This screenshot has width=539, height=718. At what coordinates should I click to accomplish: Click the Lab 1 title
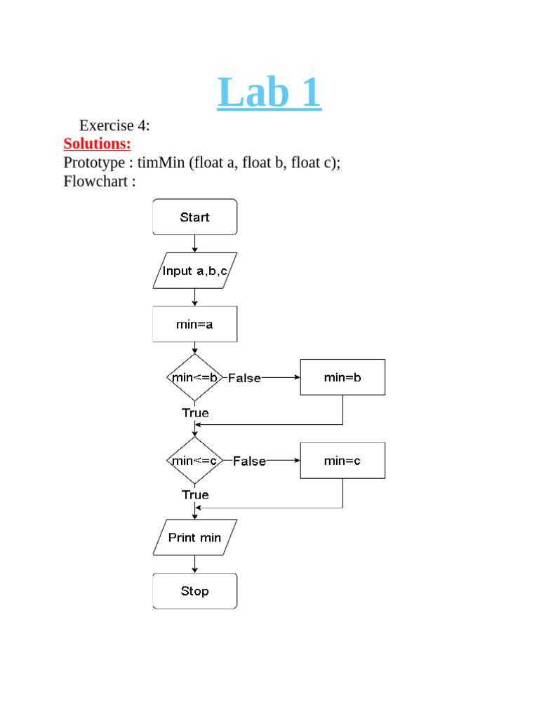coord(269,93)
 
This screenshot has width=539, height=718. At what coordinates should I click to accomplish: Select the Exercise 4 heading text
coord(114,126)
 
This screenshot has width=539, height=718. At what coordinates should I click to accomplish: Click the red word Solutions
coord(97,144)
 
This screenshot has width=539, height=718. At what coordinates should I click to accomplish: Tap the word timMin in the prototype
coord(161,163)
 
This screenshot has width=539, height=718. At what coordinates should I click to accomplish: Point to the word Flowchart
coord(95,181)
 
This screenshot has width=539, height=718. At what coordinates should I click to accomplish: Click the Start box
coord(194,217)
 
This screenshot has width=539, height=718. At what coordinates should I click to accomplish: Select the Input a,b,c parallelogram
coord(194,271)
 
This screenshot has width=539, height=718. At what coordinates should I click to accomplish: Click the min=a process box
coord(194,325)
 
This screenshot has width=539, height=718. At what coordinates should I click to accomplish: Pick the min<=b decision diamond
coord(195,377)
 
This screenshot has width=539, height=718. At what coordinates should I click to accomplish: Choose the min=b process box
coord(342,377)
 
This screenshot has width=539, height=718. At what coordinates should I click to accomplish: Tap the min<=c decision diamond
coord(195,461)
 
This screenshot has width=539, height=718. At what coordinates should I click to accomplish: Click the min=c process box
coord(342,461)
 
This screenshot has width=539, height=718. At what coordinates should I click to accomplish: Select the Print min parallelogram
coord(194,538)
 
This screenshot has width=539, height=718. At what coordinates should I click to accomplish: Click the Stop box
coord(194,591)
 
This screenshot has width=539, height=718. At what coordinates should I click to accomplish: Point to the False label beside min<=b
coord(244,378)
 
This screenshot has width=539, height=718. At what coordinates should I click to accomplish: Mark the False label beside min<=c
coord(249,461)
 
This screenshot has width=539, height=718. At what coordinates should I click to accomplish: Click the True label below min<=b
coord(195,413)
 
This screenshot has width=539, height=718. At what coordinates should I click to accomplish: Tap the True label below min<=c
coord(195,495)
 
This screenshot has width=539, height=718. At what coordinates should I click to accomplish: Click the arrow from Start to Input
coord(194,243)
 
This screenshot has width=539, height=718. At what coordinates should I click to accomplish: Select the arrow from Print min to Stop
coord(194,564)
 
